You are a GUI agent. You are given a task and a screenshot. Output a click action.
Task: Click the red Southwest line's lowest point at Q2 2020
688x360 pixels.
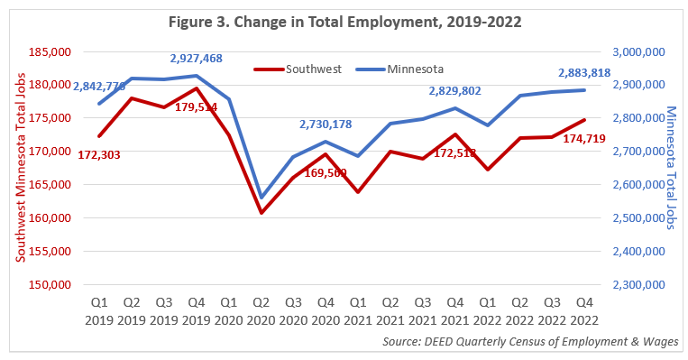[261, 213]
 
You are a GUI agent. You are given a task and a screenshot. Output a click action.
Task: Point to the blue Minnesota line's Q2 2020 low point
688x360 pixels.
[261, 198]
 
